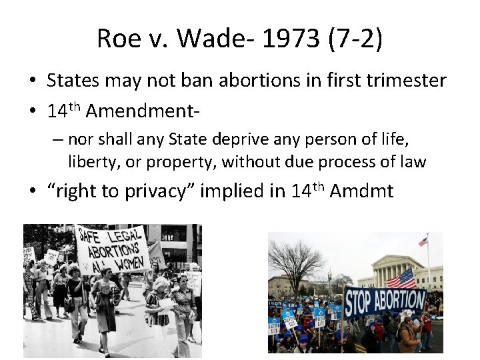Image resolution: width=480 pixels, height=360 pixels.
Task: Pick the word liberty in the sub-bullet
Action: [x=90, y=161]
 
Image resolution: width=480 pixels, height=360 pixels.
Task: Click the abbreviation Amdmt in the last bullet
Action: [x=361, y=192]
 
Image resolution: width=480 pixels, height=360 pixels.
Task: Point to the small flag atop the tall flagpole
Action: [x=423, y=241]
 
